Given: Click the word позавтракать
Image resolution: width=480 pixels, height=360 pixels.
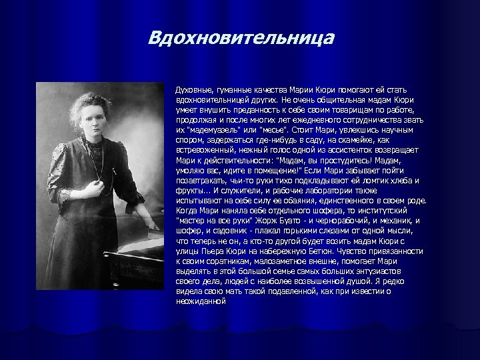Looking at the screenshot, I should [x=198, y=181].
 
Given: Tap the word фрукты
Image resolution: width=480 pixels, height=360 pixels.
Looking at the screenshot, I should [x=189, y=191].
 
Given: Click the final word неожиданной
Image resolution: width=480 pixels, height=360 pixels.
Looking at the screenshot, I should [x=201, y=301].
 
